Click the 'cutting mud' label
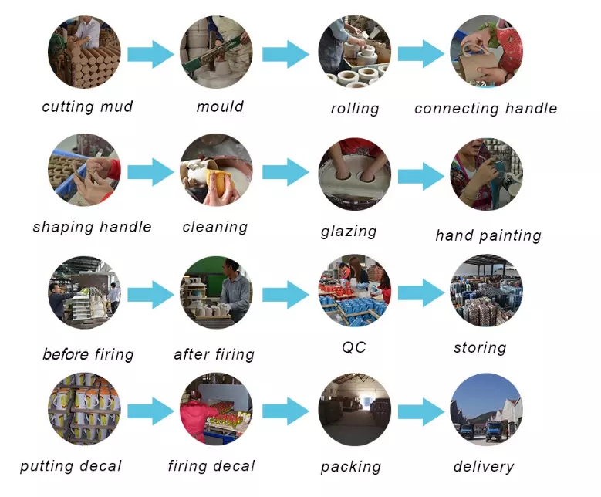(87, 106)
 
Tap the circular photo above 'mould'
(216, 52)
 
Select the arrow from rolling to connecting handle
(421, 54)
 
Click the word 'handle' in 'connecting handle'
(531, 109)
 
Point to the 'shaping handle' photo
(84, 170)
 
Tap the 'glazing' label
(349, 232)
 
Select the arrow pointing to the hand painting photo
(421, 176)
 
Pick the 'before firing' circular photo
(84, 292)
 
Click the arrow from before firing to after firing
(150, 295)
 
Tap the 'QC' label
(354, 347)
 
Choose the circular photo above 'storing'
(487, 290)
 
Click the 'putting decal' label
(71, 466)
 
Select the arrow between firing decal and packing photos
(285, 411)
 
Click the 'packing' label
(351, 467)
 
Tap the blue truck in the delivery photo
(495, 431)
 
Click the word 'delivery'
(484, 467)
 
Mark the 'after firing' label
(214, 354)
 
